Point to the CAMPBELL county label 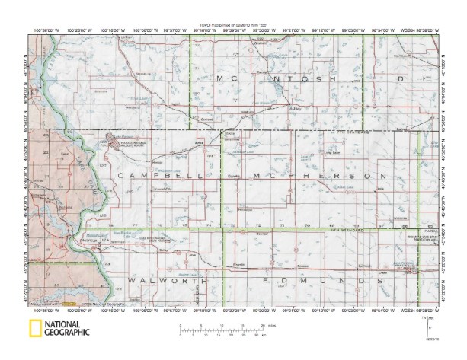pyautogui.click(x=155, y=176)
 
